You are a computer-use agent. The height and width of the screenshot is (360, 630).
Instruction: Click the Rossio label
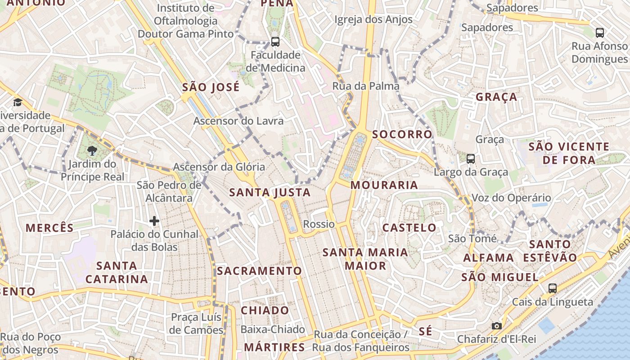(319, 224)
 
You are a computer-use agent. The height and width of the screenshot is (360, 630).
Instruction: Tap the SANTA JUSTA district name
(270, 193)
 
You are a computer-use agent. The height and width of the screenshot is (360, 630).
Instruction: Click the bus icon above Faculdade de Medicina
(275, 42)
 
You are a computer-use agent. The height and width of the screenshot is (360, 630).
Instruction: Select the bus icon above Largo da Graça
(471, 158)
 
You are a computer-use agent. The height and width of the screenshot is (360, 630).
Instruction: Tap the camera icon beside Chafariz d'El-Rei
(497, 326)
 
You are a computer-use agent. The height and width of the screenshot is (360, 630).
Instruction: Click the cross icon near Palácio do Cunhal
(154, 221)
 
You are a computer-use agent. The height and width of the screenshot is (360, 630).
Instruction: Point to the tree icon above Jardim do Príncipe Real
(92, 150)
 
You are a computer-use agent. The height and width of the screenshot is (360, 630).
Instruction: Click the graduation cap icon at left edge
(18, 102)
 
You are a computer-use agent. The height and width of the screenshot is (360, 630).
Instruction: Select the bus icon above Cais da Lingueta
(553, 288)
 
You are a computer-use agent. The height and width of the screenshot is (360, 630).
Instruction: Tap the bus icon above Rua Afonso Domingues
(600, 32)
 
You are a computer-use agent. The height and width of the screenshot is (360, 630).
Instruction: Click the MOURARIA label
(384, 185)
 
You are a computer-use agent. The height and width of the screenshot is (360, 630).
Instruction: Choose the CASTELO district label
(409, 228)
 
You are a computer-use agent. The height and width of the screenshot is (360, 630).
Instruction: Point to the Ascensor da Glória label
(219, 167)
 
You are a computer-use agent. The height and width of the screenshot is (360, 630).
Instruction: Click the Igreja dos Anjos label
(373, 19)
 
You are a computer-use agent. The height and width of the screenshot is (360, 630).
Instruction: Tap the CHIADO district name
(265, 310)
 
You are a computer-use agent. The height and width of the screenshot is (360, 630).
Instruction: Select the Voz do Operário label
(511, 198)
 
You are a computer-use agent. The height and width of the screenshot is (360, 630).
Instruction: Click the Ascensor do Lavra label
(238, 121)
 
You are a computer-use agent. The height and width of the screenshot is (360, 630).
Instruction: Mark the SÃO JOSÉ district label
(211, 87)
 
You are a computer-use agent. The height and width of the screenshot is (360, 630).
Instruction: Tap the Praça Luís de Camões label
(197, 324)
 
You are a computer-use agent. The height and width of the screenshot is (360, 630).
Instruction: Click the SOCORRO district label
(402, 134)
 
